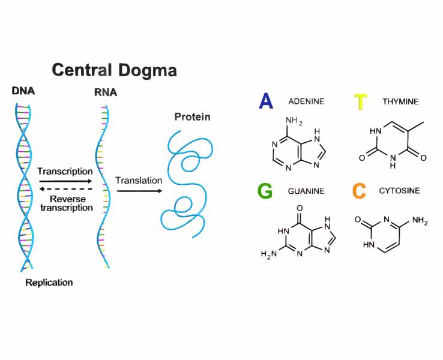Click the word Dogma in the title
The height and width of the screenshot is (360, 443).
(146, 70)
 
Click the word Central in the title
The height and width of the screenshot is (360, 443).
(82, 70)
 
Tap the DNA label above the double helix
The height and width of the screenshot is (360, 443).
(23, 91)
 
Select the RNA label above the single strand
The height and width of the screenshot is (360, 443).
(106, 92)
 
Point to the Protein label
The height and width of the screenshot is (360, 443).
(192, 116)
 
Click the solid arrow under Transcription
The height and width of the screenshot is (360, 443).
(64, 181)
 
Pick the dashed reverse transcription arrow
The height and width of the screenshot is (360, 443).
(64, 189)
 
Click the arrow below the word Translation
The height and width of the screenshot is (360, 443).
(139, 191)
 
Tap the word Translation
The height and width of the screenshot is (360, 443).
(139, 180)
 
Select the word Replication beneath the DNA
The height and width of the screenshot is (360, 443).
(49, 282)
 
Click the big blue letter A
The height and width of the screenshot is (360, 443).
(266, 101)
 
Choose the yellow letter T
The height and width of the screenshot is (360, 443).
(360, 102)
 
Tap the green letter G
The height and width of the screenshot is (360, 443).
(265, 191)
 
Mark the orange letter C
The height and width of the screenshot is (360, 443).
(359, 191)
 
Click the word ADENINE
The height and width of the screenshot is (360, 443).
(306, 101)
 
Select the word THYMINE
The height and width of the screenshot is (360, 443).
(400, 102)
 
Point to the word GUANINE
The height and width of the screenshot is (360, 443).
(306, 191)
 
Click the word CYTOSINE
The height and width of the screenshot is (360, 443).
(400, 191)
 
